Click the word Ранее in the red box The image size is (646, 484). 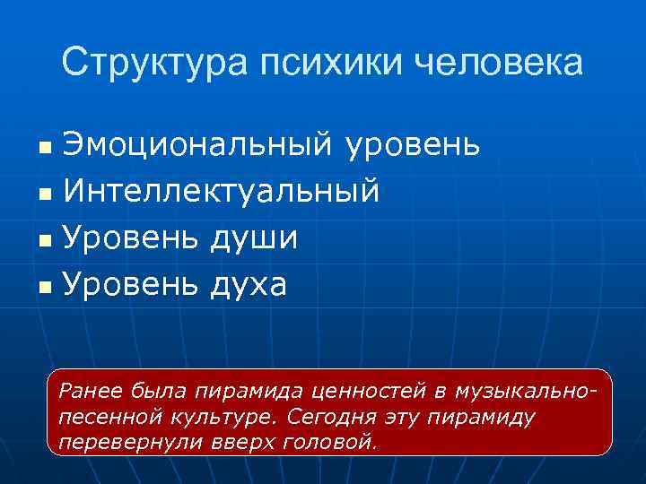(x=88, y=390)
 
